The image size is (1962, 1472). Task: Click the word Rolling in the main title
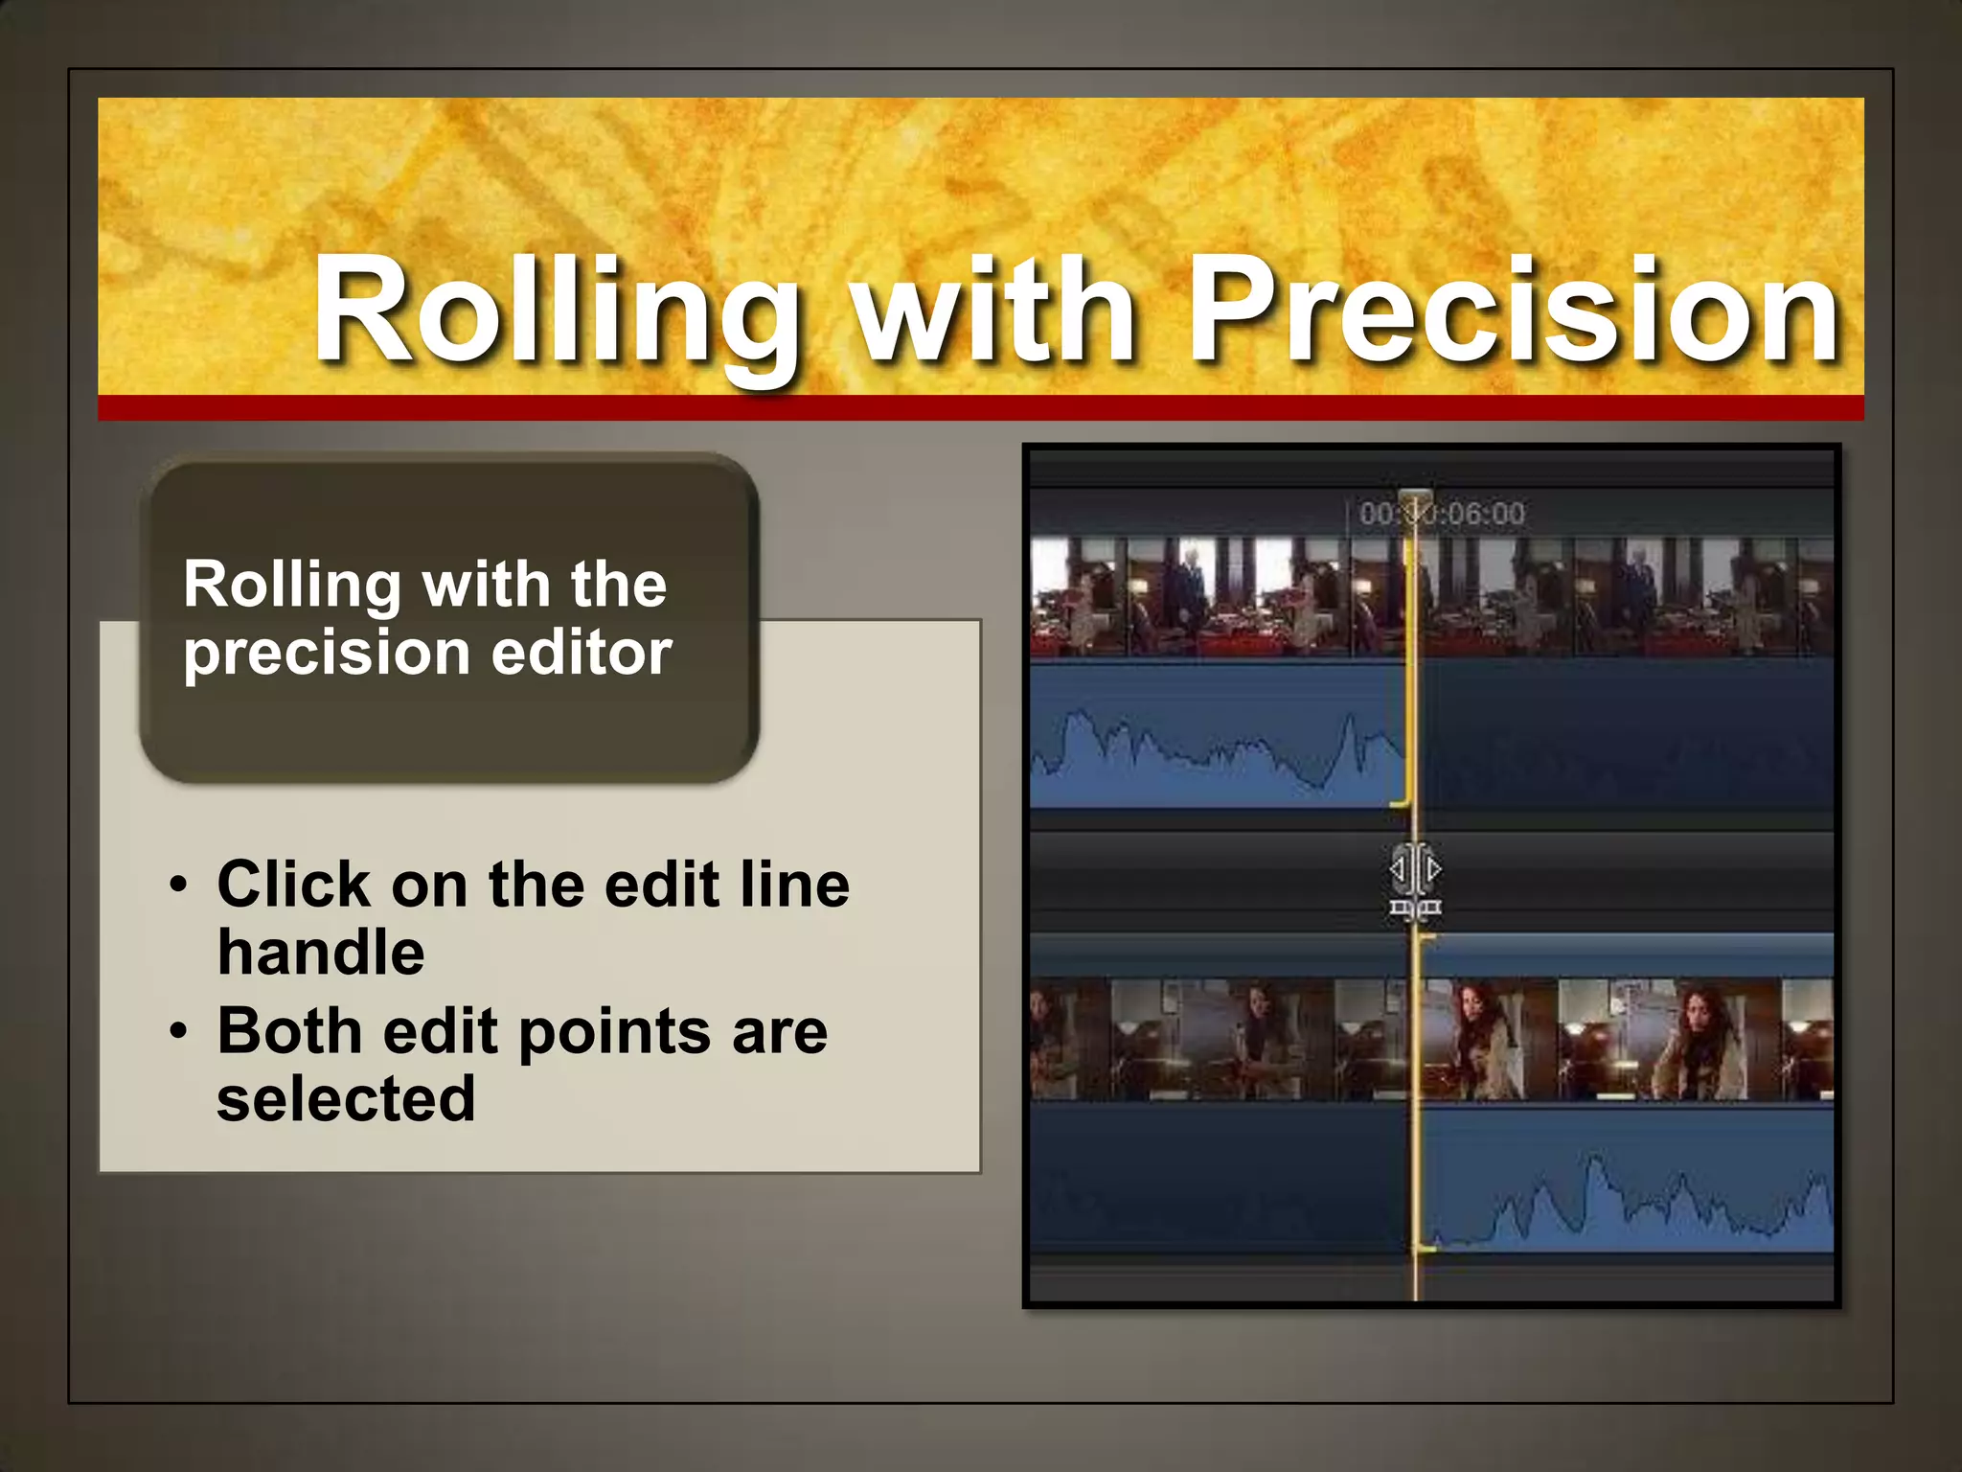tap(556, 311)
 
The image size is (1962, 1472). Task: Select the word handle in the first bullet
tap(321, 953)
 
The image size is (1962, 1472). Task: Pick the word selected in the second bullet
tap(346, 1100)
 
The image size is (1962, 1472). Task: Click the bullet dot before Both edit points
tap(178, 1032)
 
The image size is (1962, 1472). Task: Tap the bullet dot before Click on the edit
tap(178, 885)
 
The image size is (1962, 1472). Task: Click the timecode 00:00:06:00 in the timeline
tap(1442, 514)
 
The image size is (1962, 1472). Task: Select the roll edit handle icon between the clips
tap(1415, 880)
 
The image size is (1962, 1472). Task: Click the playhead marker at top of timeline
tap(1415, 500)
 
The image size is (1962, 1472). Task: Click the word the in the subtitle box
tap(618, 585)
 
